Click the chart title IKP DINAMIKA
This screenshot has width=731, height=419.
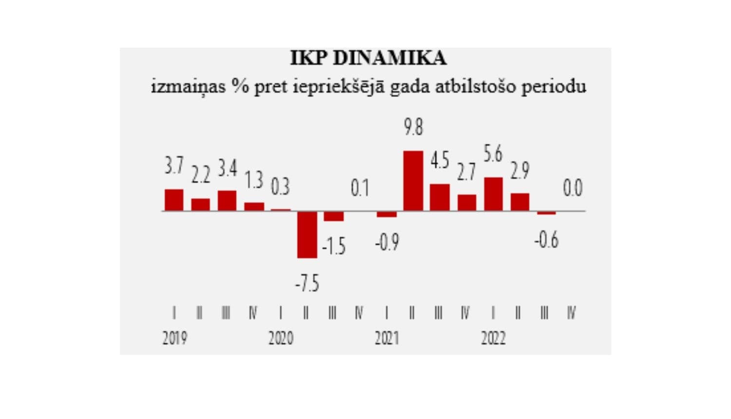click(x=368, y=58)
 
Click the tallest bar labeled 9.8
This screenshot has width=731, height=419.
click(x=413, y=181)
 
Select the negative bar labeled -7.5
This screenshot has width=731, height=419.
click(x=307, y=234)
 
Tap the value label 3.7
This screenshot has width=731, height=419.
click(x=174, y=166)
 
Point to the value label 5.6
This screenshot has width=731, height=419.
click(x=493, y=154)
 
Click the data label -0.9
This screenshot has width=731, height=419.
click(x=387, y=242)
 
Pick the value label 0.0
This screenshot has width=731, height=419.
click(x=573, y=188)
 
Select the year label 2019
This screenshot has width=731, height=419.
click(x=174, y=338)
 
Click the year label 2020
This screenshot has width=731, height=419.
click(x=281, y=338)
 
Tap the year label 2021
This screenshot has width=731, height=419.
click(x=387, y=338)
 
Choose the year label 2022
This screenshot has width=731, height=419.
click(x=493, y=338)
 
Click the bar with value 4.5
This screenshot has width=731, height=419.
click(x=440, y=197)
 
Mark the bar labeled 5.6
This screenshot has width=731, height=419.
click(x=493, y=194)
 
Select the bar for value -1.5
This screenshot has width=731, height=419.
click(x=334, y=216)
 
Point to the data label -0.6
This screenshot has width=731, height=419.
click(x=546, y=240)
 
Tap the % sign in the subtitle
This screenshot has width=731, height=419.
click(x=240, y=86)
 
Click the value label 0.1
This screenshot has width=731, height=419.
click(x=360, y=188)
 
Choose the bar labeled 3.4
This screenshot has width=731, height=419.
click(x=227, y=201)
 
